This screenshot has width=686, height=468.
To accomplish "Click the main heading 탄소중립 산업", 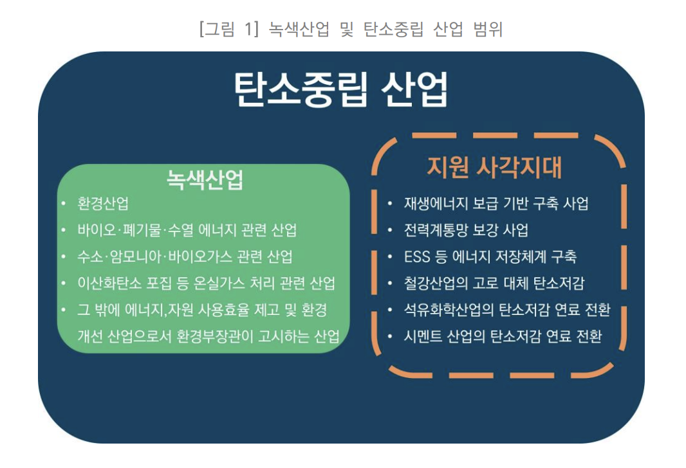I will [340, 90].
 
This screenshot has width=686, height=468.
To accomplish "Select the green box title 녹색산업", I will [205, 181].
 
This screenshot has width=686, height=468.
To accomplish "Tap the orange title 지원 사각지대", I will [494, 166].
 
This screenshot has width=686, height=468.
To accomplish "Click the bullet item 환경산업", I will [103, 204].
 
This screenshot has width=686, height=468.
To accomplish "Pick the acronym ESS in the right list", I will [417, 256].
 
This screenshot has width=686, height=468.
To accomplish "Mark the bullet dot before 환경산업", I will [63, 204].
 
